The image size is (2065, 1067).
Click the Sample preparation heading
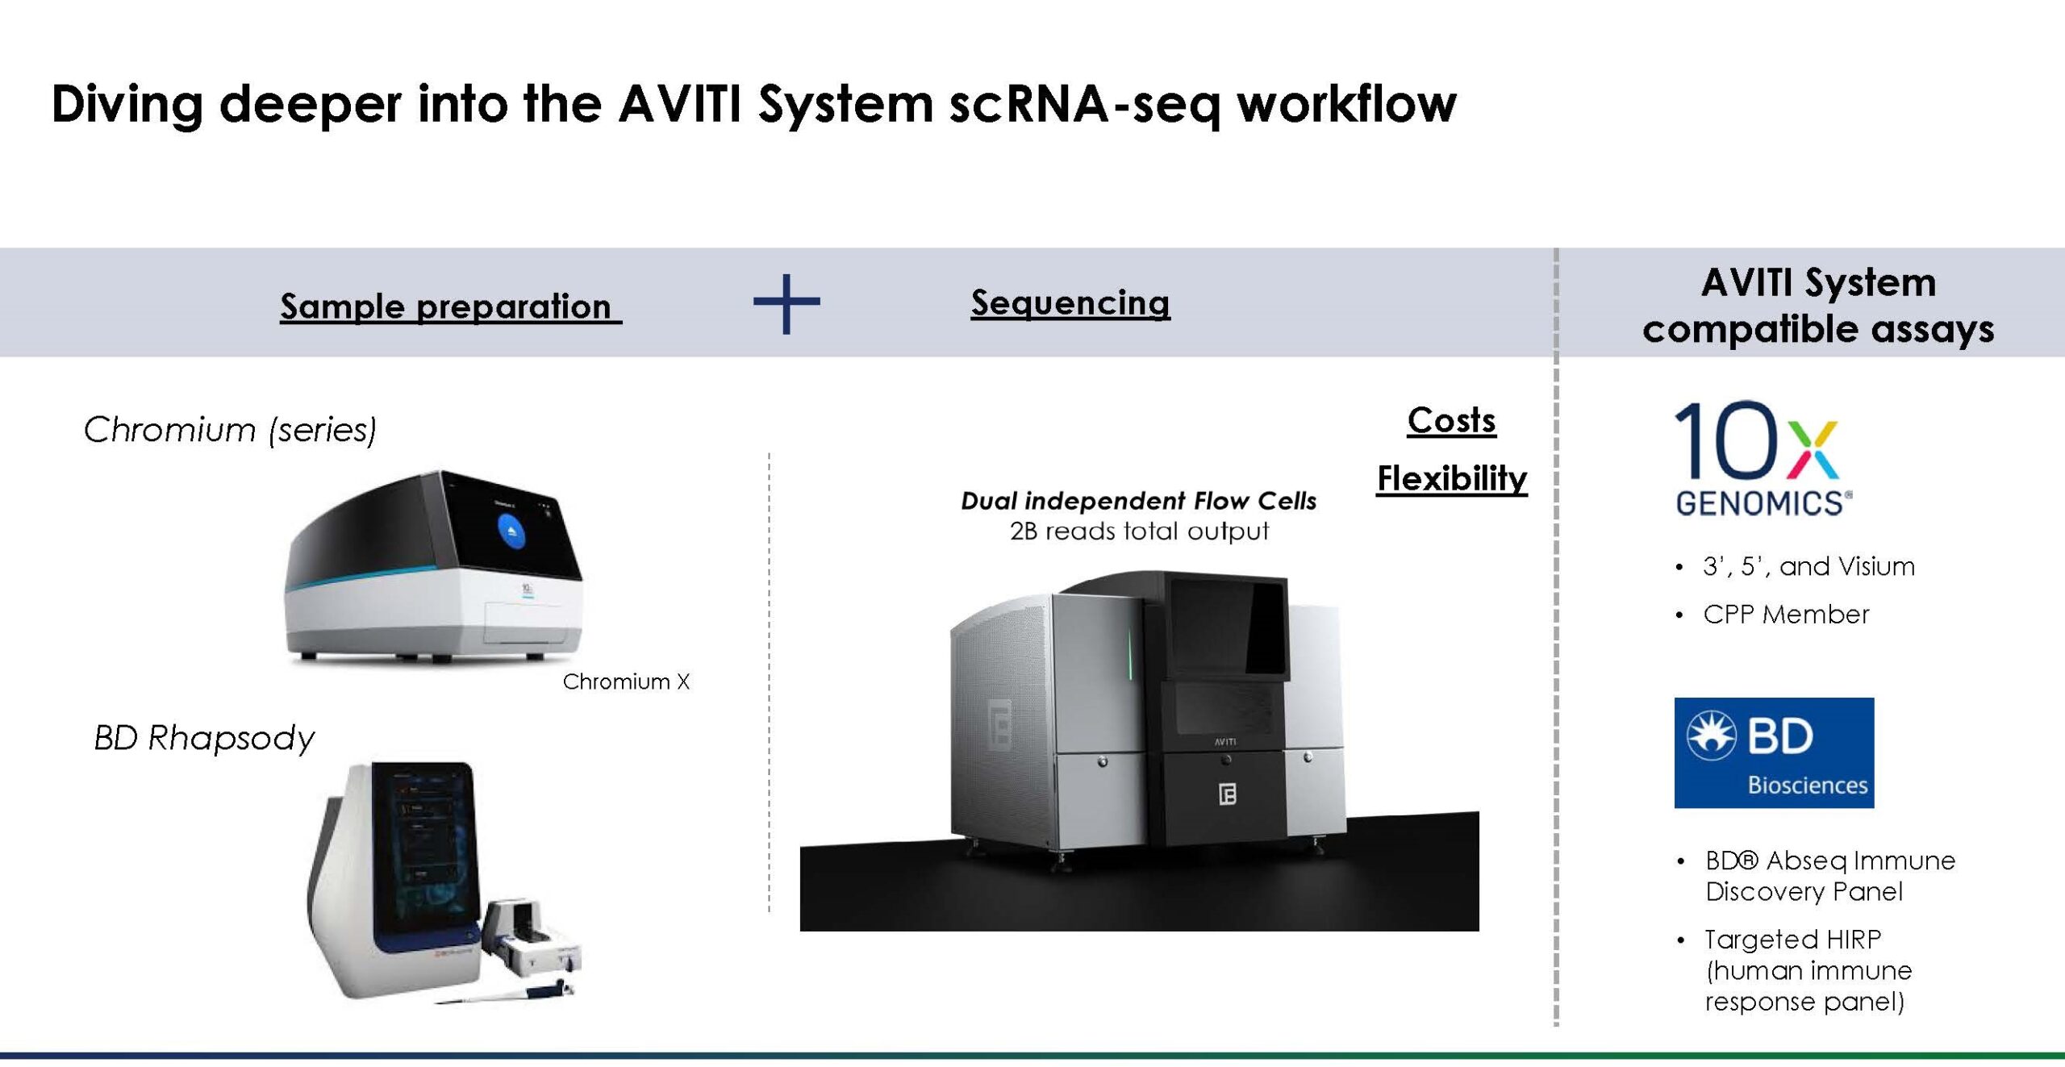(451, 307)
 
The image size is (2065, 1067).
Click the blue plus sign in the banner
(786, 303)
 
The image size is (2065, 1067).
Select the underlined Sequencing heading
(1070, 304)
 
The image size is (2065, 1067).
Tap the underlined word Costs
(1452, 420)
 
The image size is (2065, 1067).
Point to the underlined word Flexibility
(1452, 479)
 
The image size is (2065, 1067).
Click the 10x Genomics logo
(1763, 458)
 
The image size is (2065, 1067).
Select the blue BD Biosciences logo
(1774, 752)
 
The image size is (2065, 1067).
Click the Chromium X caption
(626, 682)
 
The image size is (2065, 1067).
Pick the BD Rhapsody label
(204, 739)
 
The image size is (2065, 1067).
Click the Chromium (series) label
(230, 430)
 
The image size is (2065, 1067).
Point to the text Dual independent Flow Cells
(1138, 502)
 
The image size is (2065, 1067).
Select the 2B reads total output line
(1139, 531)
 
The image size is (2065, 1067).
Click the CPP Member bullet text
(1786, 615)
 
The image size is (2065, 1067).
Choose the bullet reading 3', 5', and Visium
(1808, 567)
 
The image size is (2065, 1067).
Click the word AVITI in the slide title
(679, 104)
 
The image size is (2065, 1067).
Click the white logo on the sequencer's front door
(1227, 794)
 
